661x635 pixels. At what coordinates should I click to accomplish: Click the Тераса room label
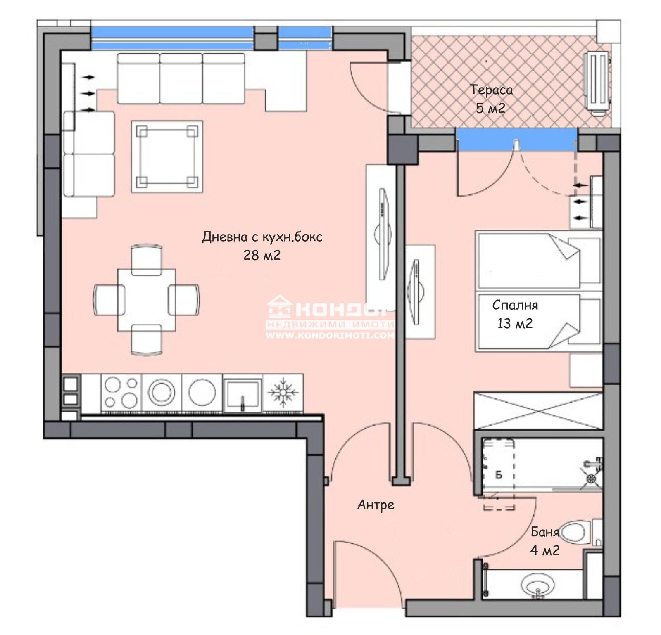[491, 90]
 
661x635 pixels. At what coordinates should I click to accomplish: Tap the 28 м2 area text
[262, 255]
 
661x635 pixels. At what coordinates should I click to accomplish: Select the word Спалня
[515, 305]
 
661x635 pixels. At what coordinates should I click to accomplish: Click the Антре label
[376, 505]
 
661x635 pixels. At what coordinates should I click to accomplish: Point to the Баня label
[544, 532]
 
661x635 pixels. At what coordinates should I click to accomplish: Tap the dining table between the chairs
[146, 300]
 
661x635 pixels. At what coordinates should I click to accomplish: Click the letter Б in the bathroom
[498, 475]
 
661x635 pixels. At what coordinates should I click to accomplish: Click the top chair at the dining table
[146, 259]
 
